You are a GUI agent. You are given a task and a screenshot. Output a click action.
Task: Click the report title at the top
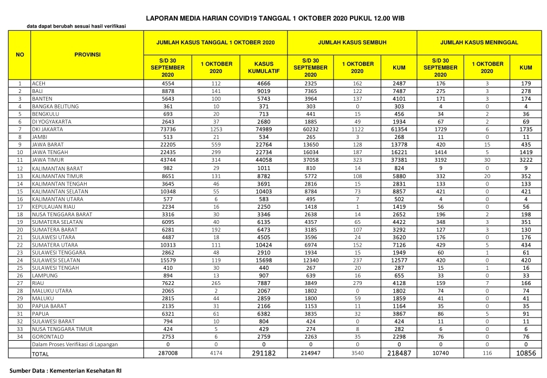click(275, 18)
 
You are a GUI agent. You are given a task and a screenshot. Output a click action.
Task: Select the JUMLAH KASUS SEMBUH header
click(352, 42)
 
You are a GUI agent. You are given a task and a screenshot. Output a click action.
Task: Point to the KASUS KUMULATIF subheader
click(263, 68)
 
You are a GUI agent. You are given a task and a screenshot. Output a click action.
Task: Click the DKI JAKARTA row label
click(48, 130)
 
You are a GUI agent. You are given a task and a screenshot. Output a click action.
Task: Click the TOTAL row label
click(41, 354)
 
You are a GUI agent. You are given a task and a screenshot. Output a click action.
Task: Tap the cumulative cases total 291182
click(264, 353)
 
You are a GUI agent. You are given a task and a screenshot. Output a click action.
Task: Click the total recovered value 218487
click(399, 353)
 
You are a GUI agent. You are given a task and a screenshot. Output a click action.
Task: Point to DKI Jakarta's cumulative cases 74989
click(264, 130)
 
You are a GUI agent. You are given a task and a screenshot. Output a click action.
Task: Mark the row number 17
click(20, 206)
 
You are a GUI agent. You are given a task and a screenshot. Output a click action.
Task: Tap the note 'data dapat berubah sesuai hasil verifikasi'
click(75, 26)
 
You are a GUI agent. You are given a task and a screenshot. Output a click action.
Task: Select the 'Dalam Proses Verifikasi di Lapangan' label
click(75, 344)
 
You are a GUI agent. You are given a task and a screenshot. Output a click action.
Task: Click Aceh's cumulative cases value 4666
click(264, 84)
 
